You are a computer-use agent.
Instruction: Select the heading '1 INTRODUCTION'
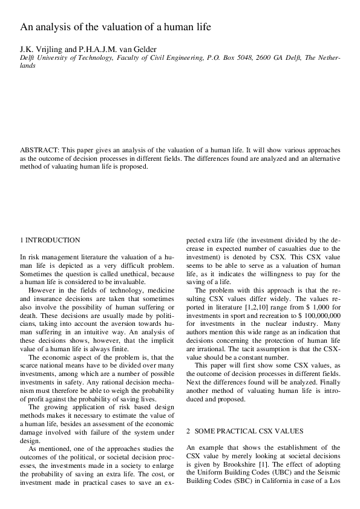(x=50, y=240)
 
